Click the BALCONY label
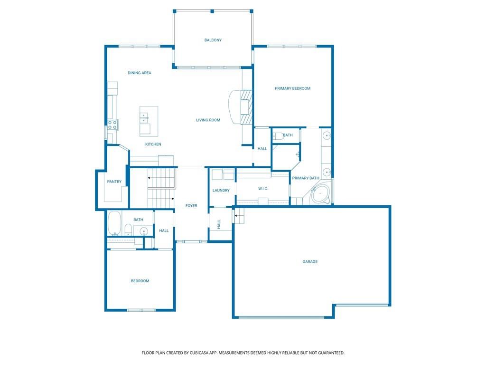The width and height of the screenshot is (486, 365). click(x=213, y=40)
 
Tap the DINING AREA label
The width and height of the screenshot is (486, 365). click(x=140, y=73)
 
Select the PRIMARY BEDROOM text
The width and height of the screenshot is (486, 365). click(x=292, y=88)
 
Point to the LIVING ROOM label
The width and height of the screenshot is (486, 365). click(x=208, y=120)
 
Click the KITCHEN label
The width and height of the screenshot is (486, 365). click(x=153, y=144)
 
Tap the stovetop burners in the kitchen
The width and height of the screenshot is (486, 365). click(x=112, y=125)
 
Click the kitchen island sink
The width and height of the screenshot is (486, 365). click(x=144, y=118)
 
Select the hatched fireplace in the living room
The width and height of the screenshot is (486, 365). click(x=247, y=107)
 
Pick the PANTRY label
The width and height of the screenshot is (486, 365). click(x=114, y=182)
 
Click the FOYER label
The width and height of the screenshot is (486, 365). click(x=191, y=206)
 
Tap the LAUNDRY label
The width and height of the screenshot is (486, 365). click(x=221, y=191)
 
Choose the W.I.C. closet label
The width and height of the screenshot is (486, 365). click(x=263, y=189)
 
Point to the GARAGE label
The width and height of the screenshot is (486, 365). click(x=310, y=262)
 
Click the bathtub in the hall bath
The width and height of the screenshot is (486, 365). click(x=114, y=223)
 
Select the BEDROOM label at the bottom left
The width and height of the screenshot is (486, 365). click(x=140, y=281)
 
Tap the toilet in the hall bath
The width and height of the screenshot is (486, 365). click(x=128, y=230)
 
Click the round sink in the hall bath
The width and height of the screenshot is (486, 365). click(x=143, y=231)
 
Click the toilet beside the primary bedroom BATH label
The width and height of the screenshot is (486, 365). click(x=278, y=136)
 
